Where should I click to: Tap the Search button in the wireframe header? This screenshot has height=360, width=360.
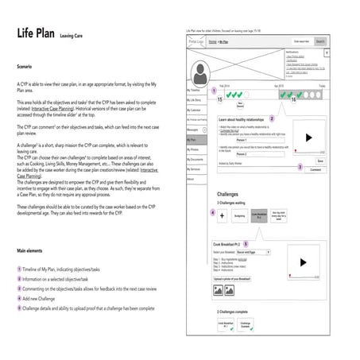[319, 41]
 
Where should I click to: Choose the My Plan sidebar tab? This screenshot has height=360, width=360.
[194, 137]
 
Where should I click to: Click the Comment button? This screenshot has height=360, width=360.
[315, 169]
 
